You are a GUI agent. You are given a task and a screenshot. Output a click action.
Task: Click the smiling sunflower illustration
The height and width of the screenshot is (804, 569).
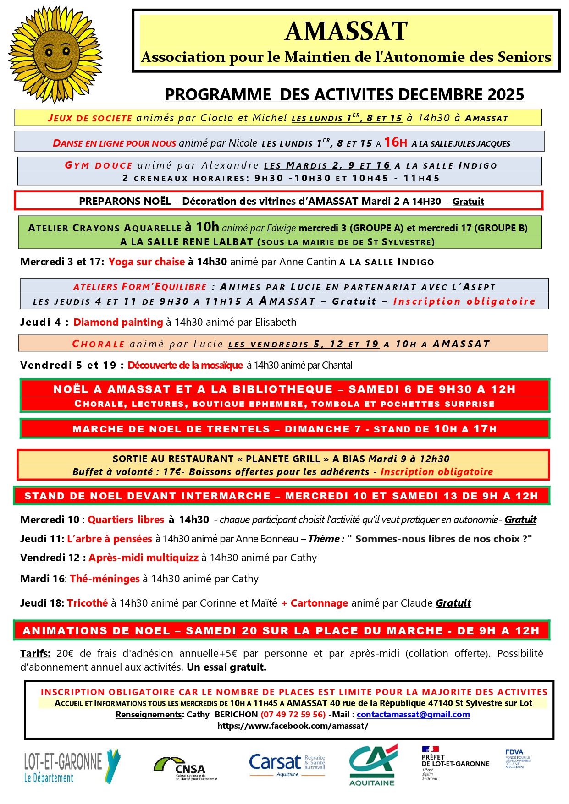(x=55, y=54)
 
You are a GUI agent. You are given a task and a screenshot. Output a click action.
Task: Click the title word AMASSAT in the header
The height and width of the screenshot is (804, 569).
(x=346, y=31)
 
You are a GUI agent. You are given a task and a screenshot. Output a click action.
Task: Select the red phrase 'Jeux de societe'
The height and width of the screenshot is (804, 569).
(x=90, y=118)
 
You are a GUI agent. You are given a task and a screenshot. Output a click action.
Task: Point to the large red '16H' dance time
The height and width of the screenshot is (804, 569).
(x=395, y=142)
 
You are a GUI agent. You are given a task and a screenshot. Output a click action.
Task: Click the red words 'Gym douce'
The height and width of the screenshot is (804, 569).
(x=99, y=165)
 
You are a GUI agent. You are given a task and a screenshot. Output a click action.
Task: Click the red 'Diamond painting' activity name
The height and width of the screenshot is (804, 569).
(x=118, y=323)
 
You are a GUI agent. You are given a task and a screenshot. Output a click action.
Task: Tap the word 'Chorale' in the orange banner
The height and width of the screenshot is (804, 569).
(x=99, y=344)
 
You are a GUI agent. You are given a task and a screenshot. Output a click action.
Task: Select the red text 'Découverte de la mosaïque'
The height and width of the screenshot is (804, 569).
(x=185, y=366)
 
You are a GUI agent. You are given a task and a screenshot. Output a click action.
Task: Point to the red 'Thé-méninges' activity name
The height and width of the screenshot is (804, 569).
(x=105, y=579)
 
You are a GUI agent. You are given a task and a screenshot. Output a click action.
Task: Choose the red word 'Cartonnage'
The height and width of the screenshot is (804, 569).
(x=319, y=603)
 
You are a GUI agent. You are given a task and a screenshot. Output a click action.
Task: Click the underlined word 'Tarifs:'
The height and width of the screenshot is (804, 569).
(x=35, y=654)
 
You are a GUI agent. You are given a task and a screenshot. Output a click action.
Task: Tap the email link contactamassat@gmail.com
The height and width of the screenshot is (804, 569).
(x=413, y=715)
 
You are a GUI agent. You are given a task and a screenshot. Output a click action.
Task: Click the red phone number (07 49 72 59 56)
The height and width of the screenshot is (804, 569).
(x=293, y=715)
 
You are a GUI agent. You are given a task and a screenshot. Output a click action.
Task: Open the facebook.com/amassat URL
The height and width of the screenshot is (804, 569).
(x=293, y=726)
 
